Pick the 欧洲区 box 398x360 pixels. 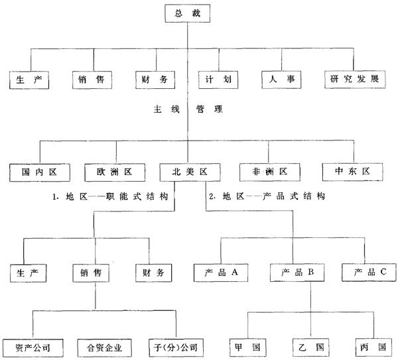click(x=115, y=172)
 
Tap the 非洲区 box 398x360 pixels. click(x=268, y=172)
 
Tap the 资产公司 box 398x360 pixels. click(x=31, y=346)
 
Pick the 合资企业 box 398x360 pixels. click(x=106, y=346)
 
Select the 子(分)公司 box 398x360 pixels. click(x=174, y=346)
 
